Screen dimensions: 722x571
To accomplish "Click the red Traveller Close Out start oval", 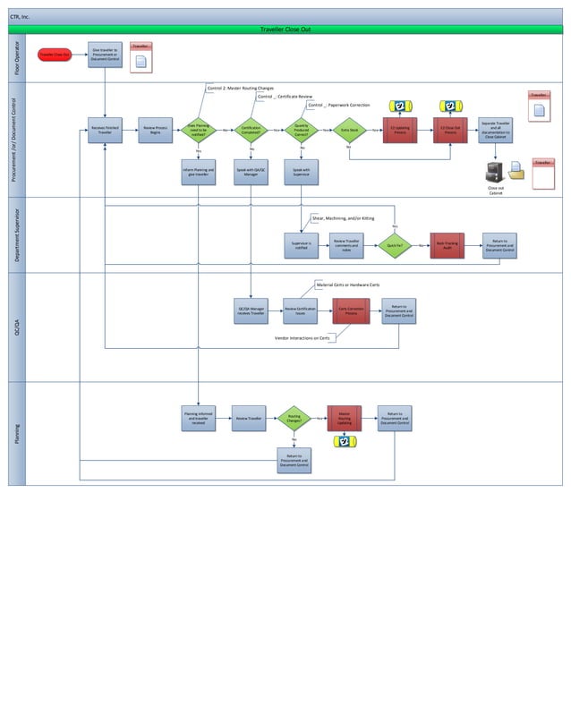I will tap(55, 55).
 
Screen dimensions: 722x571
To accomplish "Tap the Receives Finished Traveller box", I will tap(105, 130).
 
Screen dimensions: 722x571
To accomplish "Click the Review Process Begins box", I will tap(155, 130).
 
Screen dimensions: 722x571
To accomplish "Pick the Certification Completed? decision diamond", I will tap(251, 130).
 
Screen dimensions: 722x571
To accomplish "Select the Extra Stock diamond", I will tap(349, 130).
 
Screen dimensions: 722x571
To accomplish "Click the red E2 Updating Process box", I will tap(399, 130).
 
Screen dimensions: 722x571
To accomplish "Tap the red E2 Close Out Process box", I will tap(450, 130).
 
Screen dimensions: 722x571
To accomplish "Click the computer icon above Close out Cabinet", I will tap(491, 171).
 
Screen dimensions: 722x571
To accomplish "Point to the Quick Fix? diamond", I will tap(395, 245).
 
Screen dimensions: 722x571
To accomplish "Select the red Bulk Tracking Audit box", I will tap(447, 245).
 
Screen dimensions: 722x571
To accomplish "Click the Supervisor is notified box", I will tap(301, 245).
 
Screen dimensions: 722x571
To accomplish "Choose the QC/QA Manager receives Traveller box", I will tap(251, 311).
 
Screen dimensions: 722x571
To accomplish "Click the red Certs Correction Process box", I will tap(351, 311).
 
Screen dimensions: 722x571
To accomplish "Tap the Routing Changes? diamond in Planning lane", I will tap(294, 418).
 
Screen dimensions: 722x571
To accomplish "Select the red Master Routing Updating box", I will tap(344, 418).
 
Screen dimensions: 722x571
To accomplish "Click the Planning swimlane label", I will tap(17, 433).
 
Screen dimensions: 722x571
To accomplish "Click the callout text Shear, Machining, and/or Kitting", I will tap(343, 218).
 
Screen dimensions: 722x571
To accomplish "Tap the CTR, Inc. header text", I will tap(20, 17).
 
